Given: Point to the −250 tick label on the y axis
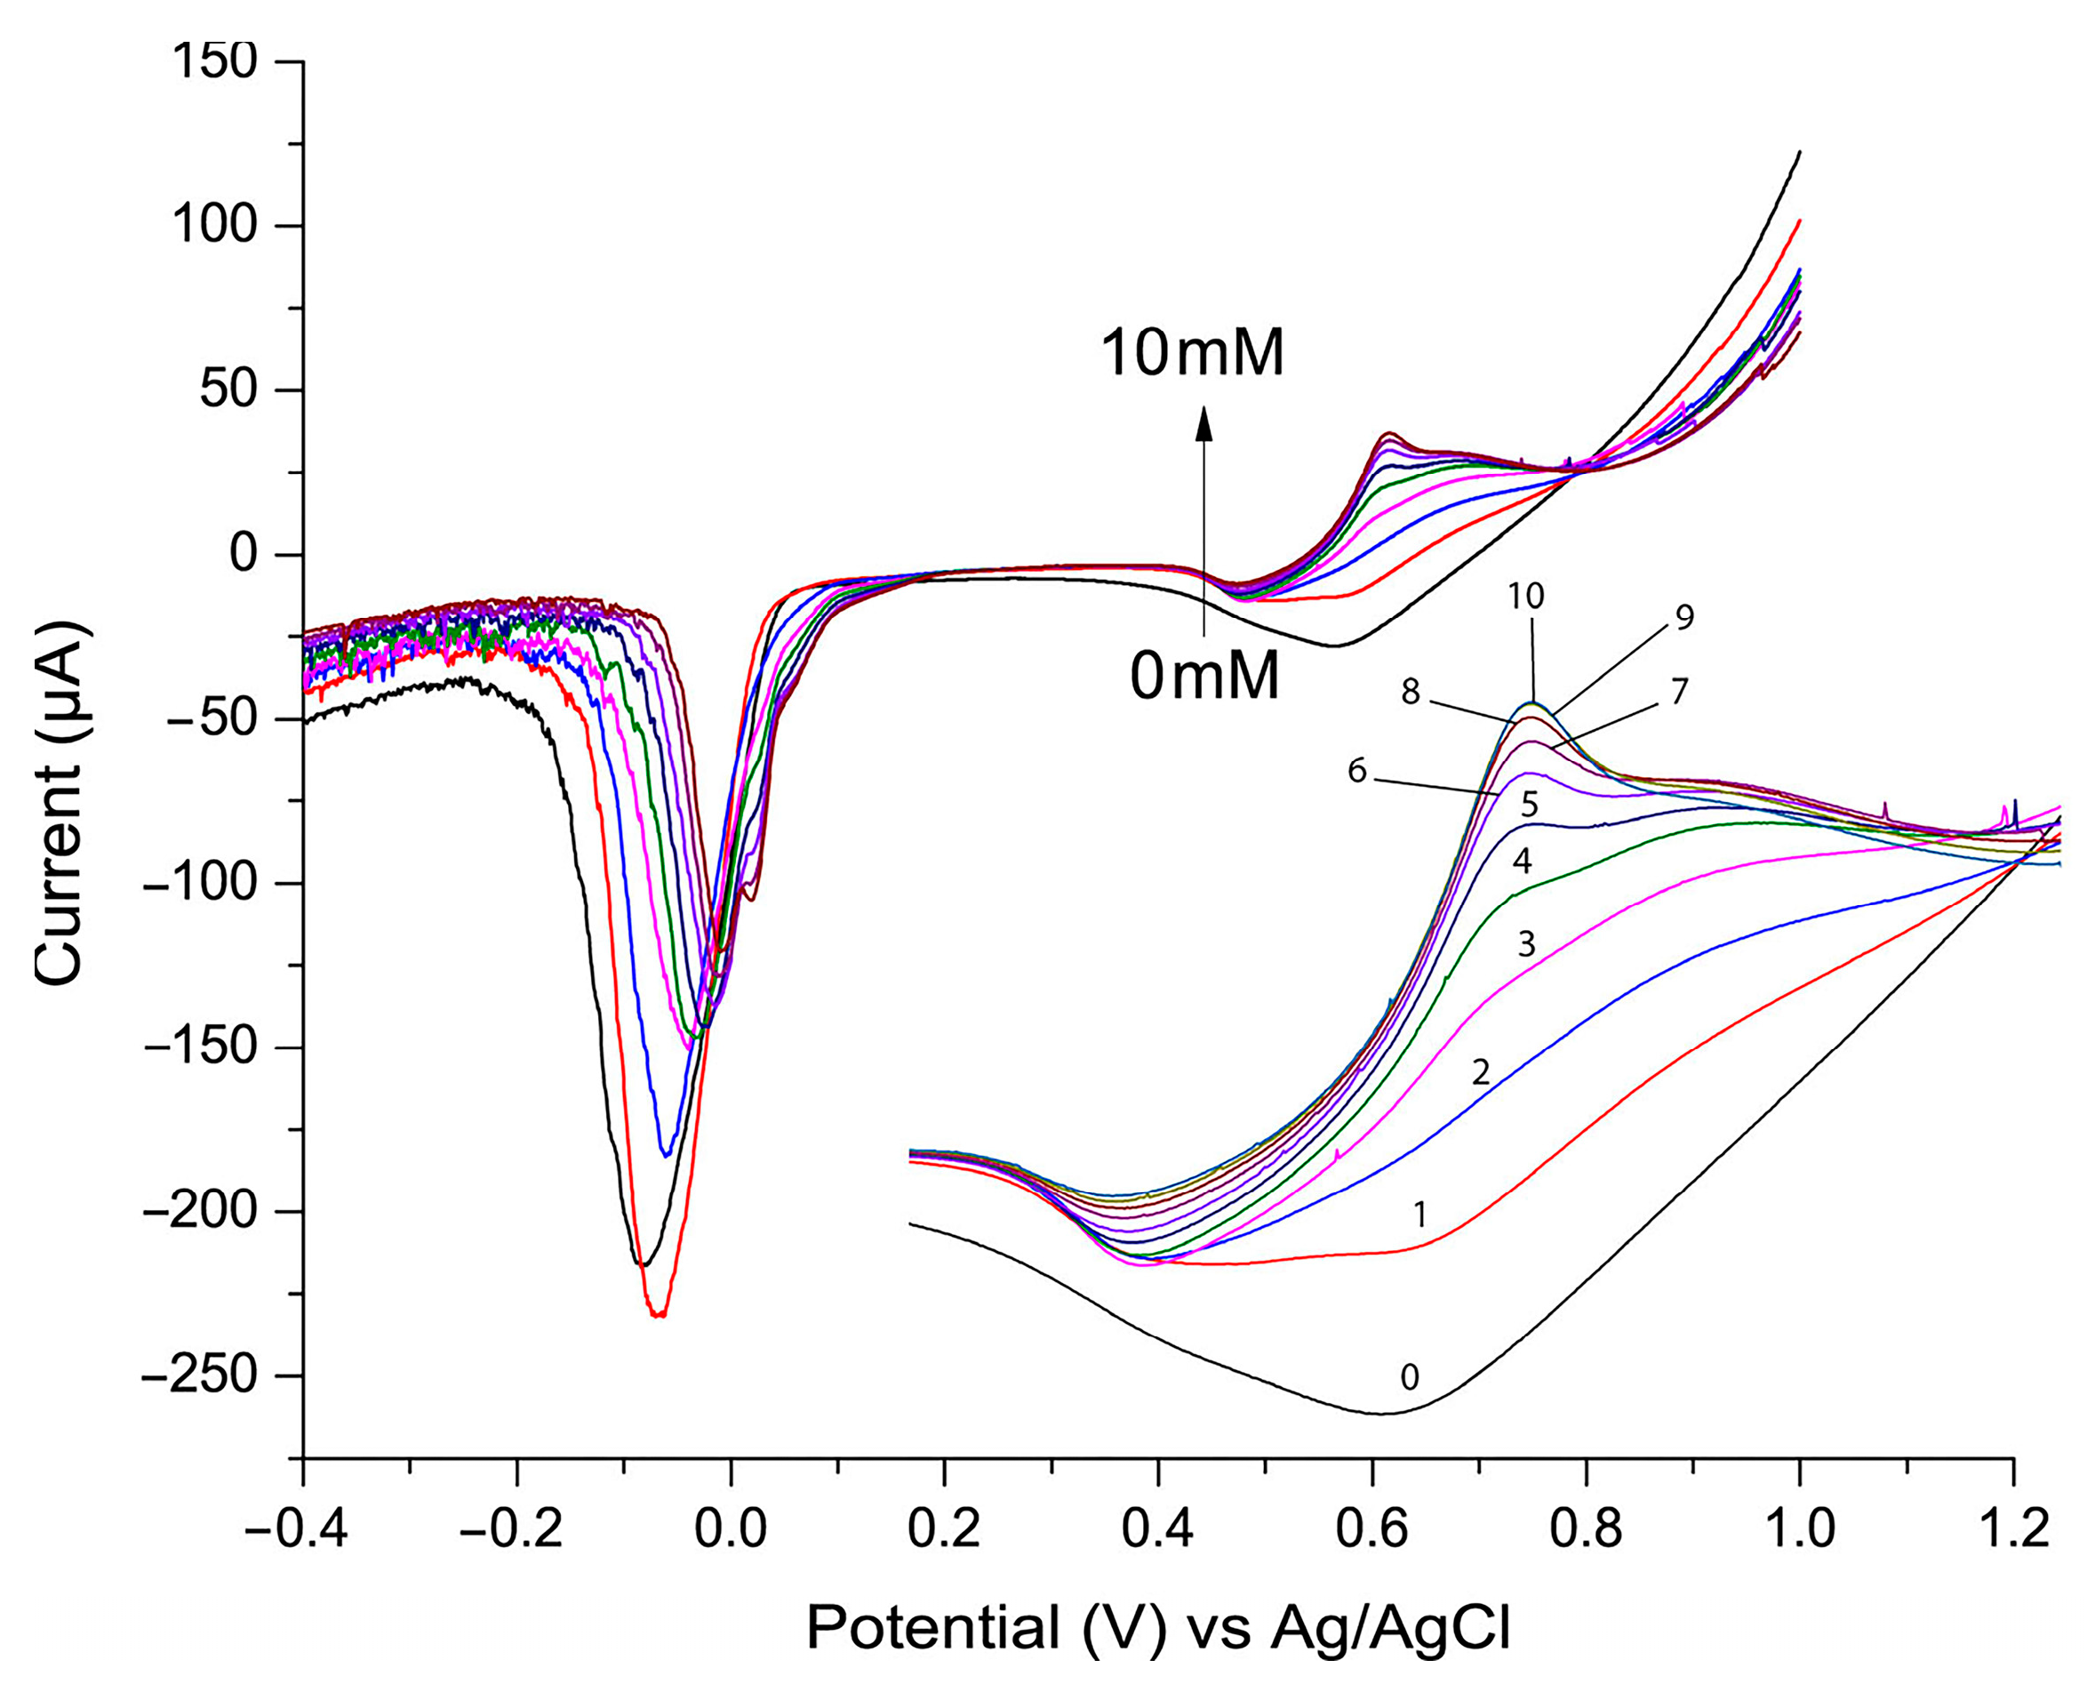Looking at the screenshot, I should (x=199, y=1375).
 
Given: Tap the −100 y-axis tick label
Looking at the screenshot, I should (x=199, y=884).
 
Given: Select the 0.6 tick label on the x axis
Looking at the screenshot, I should (x=1371, y=1530).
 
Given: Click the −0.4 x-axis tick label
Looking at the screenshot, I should (x=296, y=1530).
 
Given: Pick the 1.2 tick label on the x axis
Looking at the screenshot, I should (x=2013, y=1530).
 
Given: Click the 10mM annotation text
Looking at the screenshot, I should (x=1192, y=352).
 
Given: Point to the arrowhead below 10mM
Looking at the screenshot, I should (x=1203, y=422).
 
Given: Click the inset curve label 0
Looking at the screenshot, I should (x=1410, y=1377).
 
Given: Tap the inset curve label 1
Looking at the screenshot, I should (x=1419, y=1215).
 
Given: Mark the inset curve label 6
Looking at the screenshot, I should (x=1356, y=771).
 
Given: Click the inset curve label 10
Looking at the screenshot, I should (x=1525, y=597).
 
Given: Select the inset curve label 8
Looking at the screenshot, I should (x=1410, y=692).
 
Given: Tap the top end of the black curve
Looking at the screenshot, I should (x=1800, y=151).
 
